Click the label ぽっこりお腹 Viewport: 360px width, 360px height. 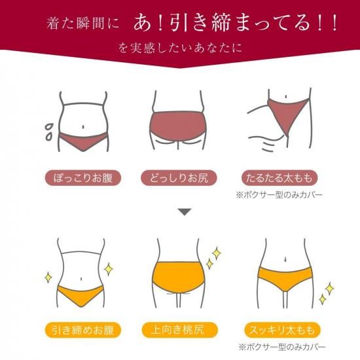82,178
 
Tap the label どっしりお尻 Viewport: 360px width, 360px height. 179,178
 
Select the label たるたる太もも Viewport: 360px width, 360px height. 279,178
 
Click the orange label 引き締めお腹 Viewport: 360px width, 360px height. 82,330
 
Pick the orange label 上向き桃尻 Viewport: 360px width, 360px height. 179,330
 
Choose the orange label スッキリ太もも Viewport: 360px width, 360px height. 282,330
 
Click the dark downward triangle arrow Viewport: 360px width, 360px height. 185,211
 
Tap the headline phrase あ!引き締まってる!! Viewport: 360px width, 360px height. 235,23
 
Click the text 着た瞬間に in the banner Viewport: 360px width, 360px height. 83,24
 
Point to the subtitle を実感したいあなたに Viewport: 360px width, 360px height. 180,48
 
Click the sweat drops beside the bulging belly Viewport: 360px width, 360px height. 48,132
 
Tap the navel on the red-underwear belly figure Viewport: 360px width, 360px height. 83,127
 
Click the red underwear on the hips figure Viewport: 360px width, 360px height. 177,126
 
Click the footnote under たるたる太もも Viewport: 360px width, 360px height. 279,195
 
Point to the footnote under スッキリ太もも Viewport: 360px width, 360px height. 282,347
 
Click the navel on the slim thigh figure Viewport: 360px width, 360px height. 285,259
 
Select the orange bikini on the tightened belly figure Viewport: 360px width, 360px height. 81,296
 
